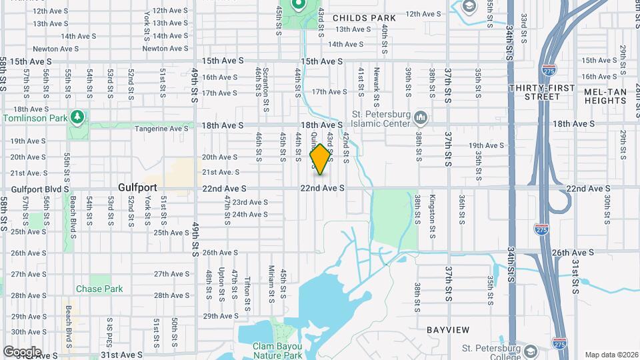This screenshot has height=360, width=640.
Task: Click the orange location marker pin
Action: (321, 159)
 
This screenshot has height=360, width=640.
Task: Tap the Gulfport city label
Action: (138, 188)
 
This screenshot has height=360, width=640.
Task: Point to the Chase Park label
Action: (99, 289)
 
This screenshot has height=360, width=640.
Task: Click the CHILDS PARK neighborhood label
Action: (364, 18)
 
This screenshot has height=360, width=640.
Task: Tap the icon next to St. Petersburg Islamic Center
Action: (421, 119)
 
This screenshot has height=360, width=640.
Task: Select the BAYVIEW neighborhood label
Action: (448, 330)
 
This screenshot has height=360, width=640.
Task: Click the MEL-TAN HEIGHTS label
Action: (605, 95)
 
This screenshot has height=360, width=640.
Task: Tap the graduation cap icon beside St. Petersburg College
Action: (531, 351)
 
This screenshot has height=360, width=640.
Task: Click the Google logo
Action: (22, 351)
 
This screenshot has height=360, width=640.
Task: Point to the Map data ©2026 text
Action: (611, 355)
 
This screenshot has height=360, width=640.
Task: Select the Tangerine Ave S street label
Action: (162, 129)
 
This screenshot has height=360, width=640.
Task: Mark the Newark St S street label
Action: (377, 80)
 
